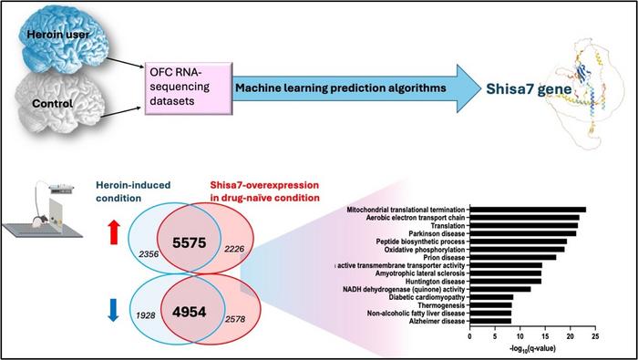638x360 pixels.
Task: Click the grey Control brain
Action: pyautogui.click(x=60, y=102)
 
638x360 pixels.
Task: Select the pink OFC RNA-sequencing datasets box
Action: pyautogui.click(x=189, y=87)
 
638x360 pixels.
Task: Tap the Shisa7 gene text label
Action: pyautogui.click(x=529, y=88)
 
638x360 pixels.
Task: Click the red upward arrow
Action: pyautogui.click(x=114, y=231)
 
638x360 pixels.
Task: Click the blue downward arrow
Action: pyautogui.click(x=114, y=310)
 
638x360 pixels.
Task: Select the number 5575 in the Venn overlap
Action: pyautogui.click(x=190, y=242)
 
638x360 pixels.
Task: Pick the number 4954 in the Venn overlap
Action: pyautogui.click(x=189, y=312)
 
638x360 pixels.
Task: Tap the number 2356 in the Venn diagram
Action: pyautogui.click(x=147, y=254)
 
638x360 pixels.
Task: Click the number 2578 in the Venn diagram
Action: pyautogui.click(x=235, y=319)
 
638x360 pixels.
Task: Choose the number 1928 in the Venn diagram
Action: pyautogui.click(x=145, y=315)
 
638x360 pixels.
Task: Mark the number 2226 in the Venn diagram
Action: pyautogui.click(x=234, y=249)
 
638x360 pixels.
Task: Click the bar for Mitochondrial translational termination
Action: pyautogui.click(x=528, y=210)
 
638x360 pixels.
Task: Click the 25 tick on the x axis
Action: pyautogui.click(x=595, y=337)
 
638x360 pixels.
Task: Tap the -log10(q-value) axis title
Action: pyautogui.click(x=532, y=349)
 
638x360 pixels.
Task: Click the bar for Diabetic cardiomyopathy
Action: pyautogui.click(x=491, y=297)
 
